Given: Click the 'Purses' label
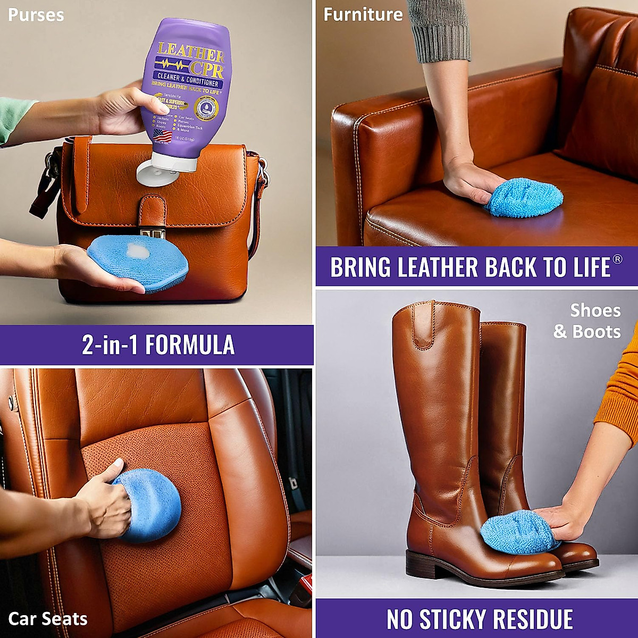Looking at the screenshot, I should [x=36, y=14].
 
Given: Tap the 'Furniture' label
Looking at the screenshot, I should [x=363, y=14].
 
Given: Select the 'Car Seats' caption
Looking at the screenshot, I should [x=48, y=619].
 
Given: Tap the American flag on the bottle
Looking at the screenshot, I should [x=163, y=136].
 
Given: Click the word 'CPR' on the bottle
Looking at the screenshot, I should [x=205, y=68].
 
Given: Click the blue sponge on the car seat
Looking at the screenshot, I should [x=149, y=505].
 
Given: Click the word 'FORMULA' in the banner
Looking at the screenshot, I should [x=190, y=345].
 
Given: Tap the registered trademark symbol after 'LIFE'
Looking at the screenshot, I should [x=617, y=259].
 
